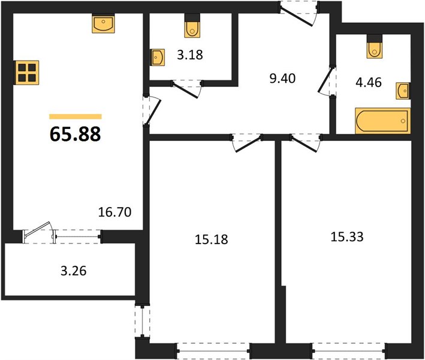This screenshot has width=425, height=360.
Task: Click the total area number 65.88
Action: [x=76, y=134]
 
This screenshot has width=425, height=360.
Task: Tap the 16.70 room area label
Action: [x=114, y=212]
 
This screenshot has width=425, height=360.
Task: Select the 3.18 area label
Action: [x=190, y=55]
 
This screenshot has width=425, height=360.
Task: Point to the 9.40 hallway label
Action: [x=282, y=79]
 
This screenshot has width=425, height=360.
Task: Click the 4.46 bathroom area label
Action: [x=369, y=82]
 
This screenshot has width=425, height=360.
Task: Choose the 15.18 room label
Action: [x=212, y=239]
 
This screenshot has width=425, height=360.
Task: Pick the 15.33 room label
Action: [x=347, y=237]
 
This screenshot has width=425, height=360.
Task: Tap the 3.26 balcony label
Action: [x=74, y=271]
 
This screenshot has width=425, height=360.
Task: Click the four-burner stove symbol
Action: [x=27, y=73]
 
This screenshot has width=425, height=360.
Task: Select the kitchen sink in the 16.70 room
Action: [x=103, y=24]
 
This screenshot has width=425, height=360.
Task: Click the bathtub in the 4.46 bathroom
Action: [x=382, y=121]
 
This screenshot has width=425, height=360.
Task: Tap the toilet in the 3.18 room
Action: [x=192, y=29]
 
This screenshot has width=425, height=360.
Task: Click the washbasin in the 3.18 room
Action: [x=158, y=57]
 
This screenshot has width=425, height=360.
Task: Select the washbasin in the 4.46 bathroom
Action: [x=403, y=91]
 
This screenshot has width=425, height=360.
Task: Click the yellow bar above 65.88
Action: [x=76, y=116]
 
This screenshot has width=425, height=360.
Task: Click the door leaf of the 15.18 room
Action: [x=248, y=145]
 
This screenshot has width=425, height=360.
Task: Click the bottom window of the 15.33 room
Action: [x=349, y=352]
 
